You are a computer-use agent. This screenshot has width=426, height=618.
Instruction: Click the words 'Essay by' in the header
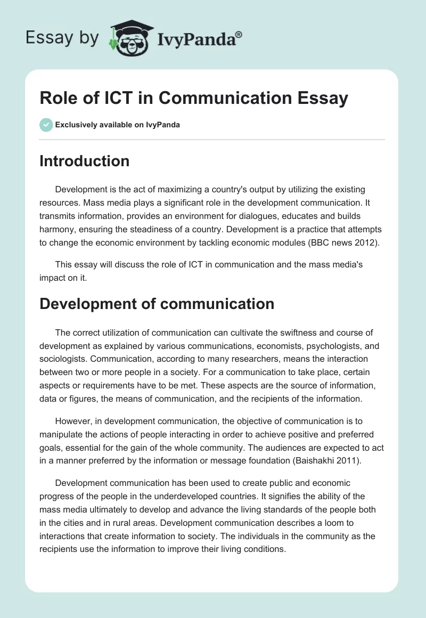(x=62, y=38)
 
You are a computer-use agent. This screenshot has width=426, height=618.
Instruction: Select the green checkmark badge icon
(x=46, y=125)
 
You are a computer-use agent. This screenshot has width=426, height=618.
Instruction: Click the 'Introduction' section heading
(x=84, y=161)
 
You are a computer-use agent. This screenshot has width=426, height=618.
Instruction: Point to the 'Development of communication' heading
(x=157, y=304)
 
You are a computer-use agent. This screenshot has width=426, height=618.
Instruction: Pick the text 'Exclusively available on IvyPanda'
(x=118, y=125)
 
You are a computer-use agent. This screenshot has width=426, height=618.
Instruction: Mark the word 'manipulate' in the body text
(x=63, y=434)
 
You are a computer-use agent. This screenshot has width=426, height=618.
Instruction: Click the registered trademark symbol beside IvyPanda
(x=239, y=34)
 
